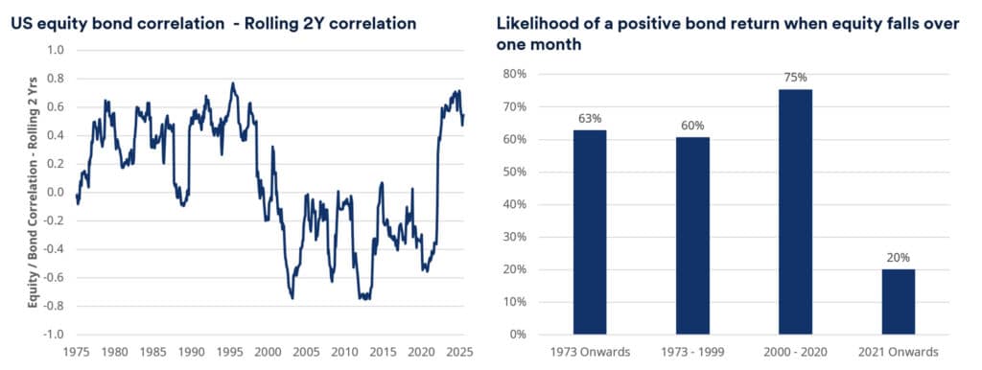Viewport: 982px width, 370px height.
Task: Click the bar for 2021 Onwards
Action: [898, 302]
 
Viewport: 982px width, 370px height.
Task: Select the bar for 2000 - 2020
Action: [795, 212]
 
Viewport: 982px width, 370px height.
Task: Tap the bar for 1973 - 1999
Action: [692, 236]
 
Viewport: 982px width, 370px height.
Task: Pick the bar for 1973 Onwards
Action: [590, 232]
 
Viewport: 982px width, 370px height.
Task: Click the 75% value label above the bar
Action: [795, 78]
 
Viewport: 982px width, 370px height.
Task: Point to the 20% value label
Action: [898, 257]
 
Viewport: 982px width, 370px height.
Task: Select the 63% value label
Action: [590, 119]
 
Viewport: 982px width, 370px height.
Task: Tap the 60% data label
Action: [692, 126]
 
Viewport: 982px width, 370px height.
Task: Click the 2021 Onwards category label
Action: [898, 352]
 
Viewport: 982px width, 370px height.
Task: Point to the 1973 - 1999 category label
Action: [692, 352]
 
